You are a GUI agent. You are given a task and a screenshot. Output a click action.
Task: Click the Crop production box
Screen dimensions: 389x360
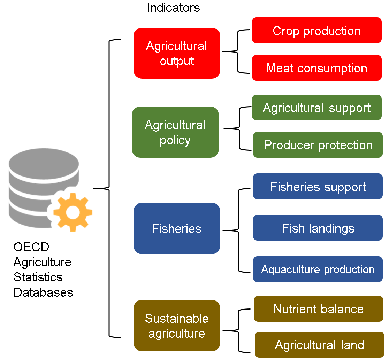316,30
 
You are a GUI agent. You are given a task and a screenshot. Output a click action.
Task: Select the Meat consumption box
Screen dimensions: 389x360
316,68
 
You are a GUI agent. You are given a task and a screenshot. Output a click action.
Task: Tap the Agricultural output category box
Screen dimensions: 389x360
177,53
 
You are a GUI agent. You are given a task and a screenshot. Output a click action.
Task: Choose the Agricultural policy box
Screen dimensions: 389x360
175,132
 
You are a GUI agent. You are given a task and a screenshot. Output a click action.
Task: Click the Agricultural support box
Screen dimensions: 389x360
316,107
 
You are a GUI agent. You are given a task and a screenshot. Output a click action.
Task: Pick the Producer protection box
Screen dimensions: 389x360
318,145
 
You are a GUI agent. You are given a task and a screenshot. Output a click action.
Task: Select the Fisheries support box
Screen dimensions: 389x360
318,186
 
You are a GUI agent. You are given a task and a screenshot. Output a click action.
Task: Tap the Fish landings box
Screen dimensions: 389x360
318,228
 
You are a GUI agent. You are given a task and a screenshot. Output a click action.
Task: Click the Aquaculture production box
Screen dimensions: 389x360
318,269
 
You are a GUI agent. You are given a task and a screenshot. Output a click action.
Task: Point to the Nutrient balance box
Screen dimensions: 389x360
319,309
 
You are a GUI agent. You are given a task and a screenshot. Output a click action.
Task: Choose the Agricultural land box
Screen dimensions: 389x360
320,345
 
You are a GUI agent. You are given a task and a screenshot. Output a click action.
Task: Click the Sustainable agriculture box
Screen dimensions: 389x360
177,326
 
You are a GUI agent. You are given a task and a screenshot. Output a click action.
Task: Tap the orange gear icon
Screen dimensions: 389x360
73,213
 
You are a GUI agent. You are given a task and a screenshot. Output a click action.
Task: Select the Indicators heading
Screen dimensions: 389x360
173,8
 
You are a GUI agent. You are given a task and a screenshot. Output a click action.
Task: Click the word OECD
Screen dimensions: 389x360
31,247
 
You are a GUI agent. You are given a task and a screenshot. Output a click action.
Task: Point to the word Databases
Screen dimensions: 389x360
43,292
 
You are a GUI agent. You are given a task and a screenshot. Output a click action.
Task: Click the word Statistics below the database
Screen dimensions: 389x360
38,277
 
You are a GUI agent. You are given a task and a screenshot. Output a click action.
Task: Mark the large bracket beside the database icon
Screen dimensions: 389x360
109,188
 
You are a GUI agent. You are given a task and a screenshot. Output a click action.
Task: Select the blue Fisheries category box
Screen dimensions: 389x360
177,228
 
